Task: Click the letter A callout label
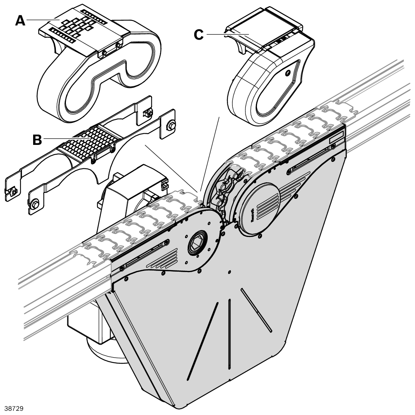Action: (20, 20)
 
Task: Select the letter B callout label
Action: (37, 140)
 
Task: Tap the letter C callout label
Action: (198, 35)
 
